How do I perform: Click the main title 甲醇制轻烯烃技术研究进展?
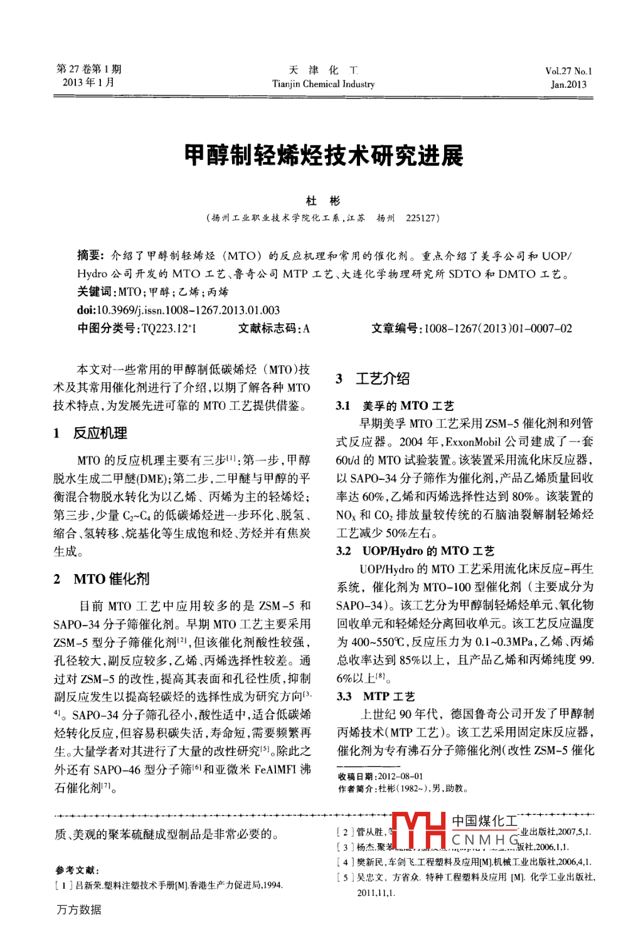[324, 156]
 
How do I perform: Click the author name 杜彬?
[323, 201]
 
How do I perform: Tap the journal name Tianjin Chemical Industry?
[323, 84]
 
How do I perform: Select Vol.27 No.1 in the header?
[568, 71]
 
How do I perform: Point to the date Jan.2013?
[568, 85]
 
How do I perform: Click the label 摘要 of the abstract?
[90, 255]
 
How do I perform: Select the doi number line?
[178, 310]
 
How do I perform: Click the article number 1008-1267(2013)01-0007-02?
[498, 328]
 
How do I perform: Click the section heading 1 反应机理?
[90, 433]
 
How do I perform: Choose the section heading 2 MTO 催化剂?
[102, 578]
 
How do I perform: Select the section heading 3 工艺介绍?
[373, 378]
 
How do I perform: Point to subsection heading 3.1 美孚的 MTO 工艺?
[395, 406]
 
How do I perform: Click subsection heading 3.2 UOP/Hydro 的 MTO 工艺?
[415, 551]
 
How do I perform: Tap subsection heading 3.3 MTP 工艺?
[376, 696]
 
